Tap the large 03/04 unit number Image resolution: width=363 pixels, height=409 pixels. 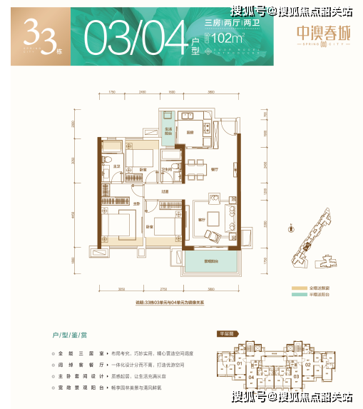(142, 34)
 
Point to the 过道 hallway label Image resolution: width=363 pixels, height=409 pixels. (164, 191)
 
